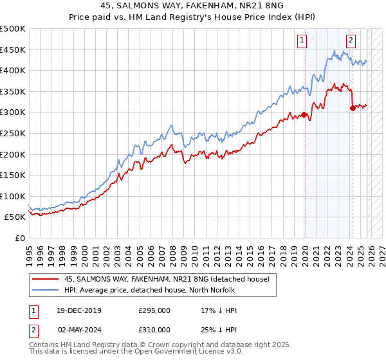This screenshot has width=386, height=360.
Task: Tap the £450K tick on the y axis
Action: (13, 50)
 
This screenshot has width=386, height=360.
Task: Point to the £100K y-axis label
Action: (13, 196)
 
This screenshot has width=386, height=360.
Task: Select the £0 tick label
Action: (21, 238)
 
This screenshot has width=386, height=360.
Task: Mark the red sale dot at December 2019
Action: (304, 116)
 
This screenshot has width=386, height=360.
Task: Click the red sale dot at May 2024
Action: (353, 109)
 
